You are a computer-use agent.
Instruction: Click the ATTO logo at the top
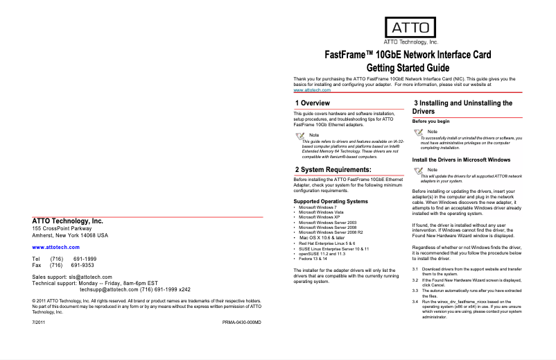(410, 30)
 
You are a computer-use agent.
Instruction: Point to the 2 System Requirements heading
(333, 169)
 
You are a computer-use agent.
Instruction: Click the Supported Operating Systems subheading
(331, 202)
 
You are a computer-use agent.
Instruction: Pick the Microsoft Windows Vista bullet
(319, 212)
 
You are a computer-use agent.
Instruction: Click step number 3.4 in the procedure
(416, 300)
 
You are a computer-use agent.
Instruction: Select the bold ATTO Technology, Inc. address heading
(68, 221)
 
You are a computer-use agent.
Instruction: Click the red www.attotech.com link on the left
(56, 247)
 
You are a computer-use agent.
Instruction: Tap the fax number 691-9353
(83, 265)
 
